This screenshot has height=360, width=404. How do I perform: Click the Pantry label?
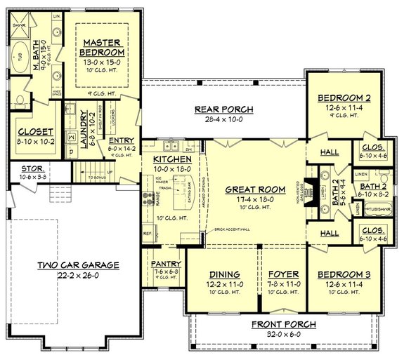point(167,264)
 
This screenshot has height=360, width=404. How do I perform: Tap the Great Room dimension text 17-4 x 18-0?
point(254,199)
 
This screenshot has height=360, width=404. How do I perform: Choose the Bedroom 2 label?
point(344,98)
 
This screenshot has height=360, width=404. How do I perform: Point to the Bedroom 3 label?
point(344,274)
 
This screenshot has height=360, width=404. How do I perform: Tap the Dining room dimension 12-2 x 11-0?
point(225,284)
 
